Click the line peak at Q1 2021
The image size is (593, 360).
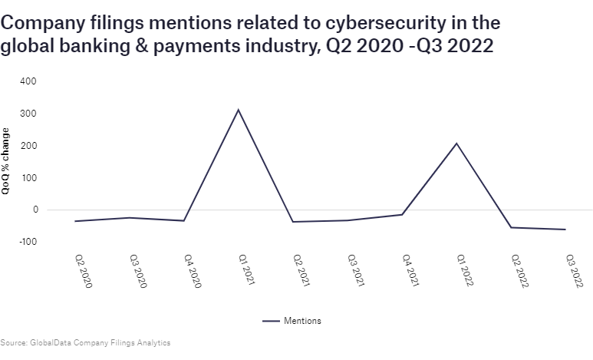click(x=239, y=110)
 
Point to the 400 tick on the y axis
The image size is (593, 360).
click(x=28, y=81)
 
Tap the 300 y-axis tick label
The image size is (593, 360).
click(x=28, y=114)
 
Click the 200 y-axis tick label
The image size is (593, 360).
click(x=28, y=146)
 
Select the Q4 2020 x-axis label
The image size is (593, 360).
click(x=193, y=272)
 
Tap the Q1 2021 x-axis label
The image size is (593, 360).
click(x=246, y=272)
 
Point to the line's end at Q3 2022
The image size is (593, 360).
click(x=566, y=230)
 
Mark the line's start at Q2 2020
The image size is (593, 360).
click(x=74, y=221)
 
